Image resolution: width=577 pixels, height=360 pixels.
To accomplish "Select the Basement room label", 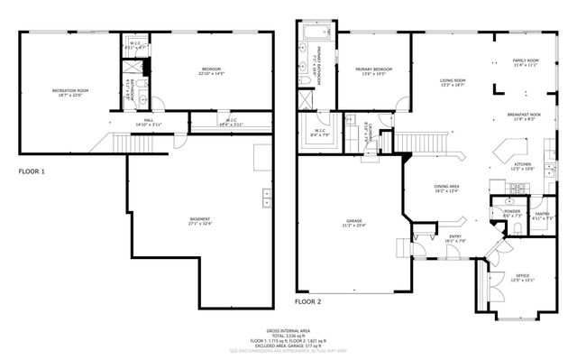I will [x=200, y=219].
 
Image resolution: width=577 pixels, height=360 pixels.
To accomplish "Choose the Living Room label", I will [x=452, y=82].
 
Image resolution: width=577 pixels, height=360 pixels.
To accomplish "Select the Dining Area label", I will [x=447, y=189].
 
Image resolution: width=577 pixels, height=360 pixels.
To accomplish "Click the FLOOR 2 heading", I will [x=307, y=300].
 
